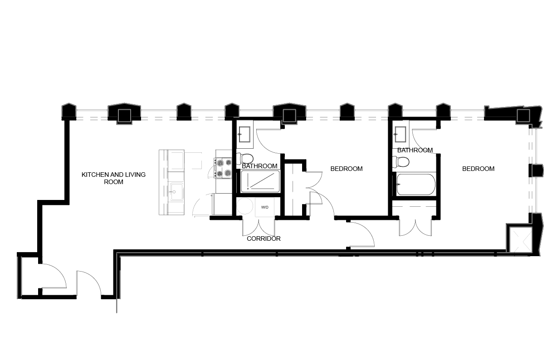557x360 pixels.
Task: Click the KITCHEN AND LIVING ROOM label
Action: [x=113, y=178]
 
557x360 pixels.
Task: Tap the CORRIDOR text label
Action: [x=264, y=238]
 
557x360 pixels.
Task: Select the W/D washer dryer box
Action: [x=265, y=208]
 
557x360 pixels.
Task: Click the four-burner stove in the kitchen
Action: [x=223, y=167]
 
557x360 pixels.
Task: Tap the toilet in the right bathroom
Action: [x=401, y=161]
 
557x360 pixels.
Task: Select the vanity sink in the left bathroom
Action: [x=244, y=133]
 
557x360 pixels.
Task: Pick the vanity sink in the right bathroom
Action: [x=401, y=133]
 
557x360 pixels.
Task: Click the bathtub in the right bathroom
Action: [x=415, y=185]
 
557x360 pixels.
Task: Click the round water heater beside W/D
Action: [x=245, y=207]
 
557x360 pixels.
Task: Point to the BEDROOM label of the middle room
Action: [x=347, y=169]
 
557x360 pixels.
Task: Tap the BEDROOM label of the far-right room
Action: [x=478, y=169]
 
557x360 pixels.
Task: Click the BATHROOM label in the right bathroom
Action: [x=415, y=150]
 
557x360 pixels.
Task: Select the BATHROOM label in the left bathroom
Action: [x=259, y=166]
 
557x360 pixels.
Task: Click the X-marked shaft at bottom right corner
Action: [x=518, y=238]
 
